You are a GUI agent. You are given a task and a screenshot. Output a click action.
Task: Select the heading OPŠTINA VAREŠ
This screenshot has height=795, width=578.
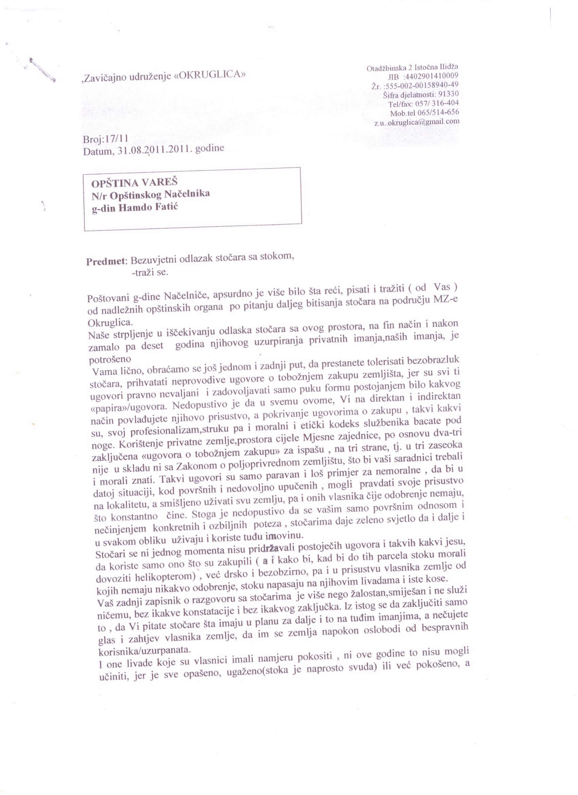pyautogui.click(x=134, y=183)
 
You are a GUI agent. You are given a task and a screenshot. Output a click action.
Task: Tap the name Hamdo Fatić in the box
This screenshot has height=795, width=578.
pyautogui.click(x=148, y=207)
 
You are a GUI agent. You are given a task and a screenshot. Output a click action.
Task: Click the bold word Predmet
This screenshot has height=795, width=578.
pyautogui.click(x=106, y=261)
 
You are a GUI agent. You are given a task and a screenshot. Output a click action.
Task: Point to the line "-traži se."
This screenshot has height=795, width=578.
pyautogui.click(x=150, y=272)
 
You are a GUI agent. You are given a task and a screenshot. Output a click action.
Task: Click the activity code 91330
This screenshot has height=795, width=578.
pyautogui.click(x=448, y=94)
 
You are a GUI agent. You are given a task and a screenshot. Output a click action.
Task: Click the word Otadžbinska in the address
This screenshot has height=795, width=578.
pyautogui.click(x=384, y=68)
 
